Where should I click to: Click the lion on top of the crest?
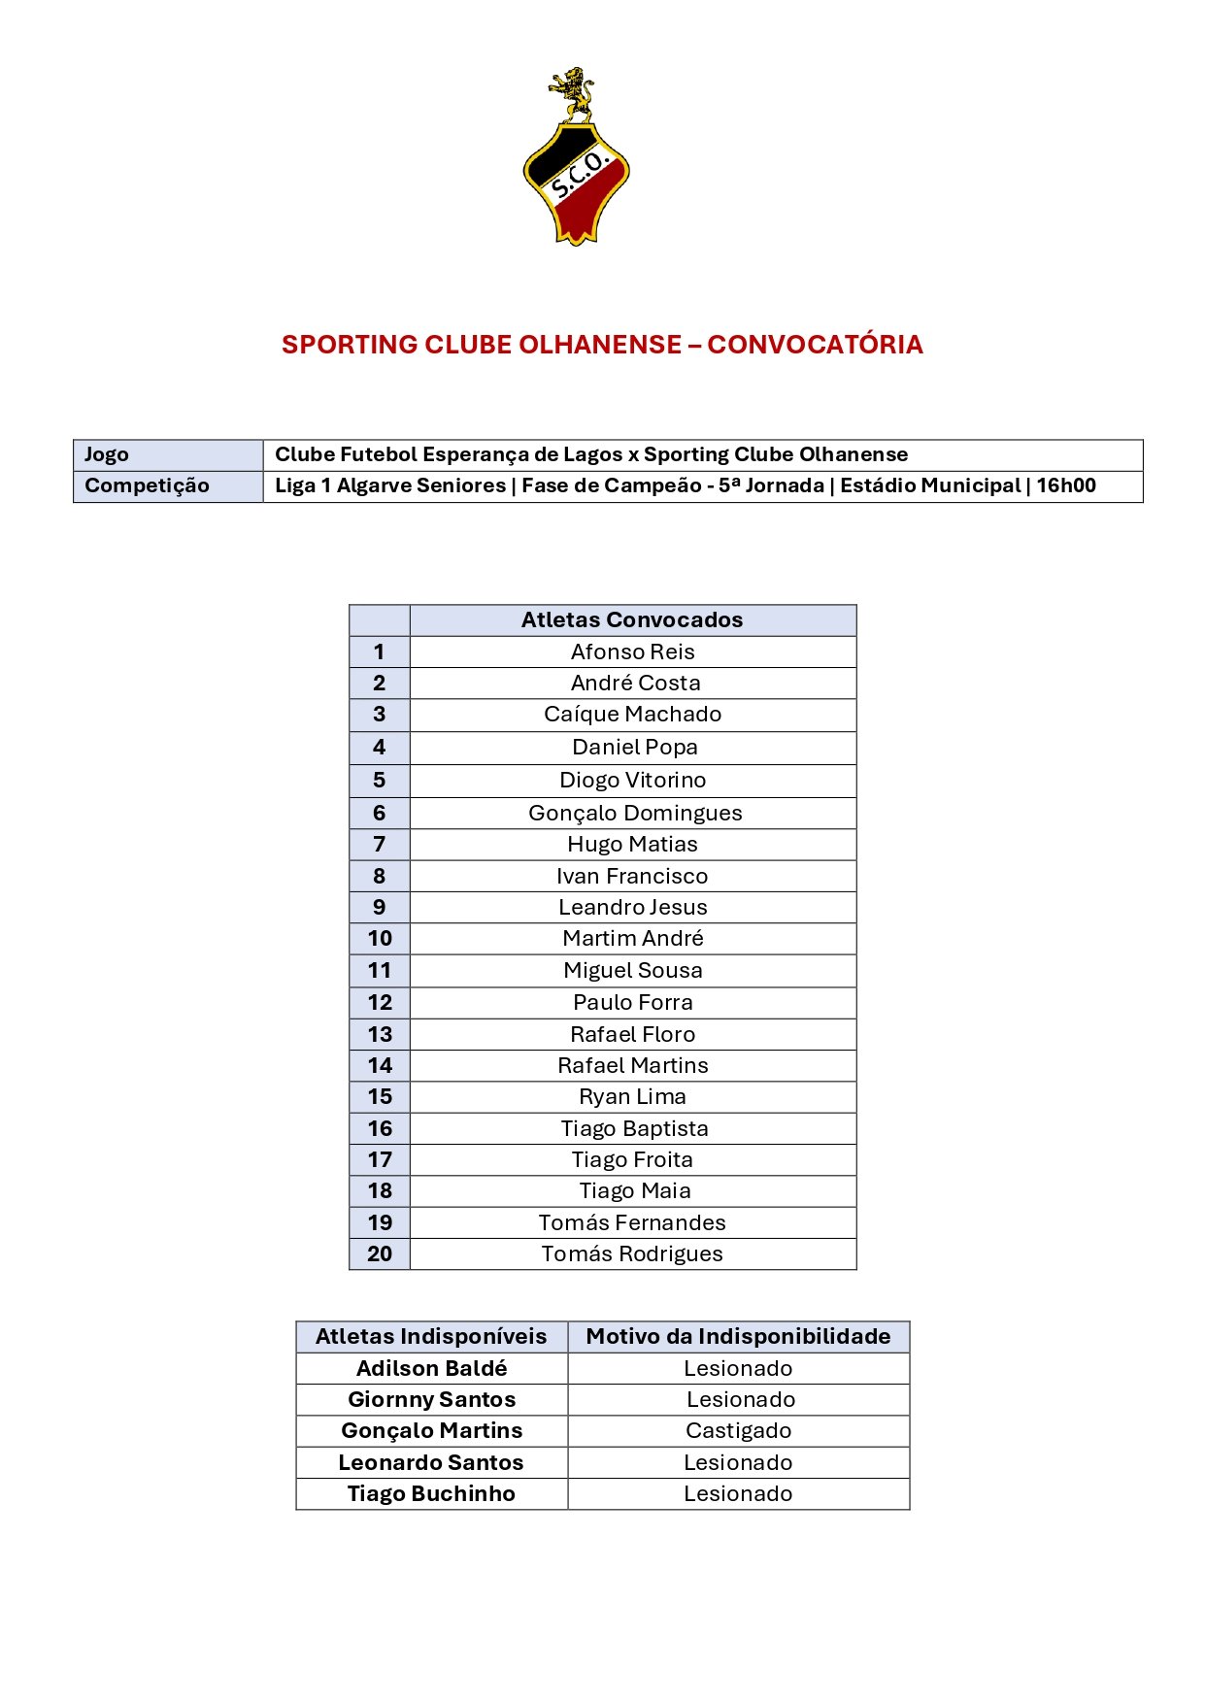(573, 93)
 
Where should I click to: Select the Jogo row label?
(107, 454)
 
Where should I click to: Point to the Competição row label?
(147, 485)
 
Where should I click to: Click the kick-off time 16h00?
(1065, 485)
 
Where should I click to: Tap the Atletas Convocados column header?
(632, 620)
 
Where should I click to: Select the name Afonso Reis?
(632, 652)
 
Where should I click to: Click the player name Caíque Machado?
(632, 715)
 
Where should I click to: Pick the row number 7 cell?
(380, 845)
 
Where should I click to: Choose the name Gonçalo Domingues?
(635, 814)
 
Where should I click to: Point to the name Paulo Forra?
(632, 1003)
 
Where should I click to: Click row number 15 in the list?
(380, 1097)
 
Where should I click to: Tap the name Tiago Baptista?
(634, 1129)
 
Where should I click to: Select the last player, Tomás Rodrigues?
(632, 1254)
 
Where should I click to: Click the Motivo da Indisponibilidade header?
(738, 1337)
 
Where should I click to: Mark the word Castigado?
(738, 1431)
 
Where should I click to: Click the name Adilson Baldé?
(431, 1369)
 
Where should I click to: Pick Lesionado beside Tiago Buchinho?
(738, 1494)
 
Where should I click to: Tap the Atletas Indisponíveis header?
(431, 1337)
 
